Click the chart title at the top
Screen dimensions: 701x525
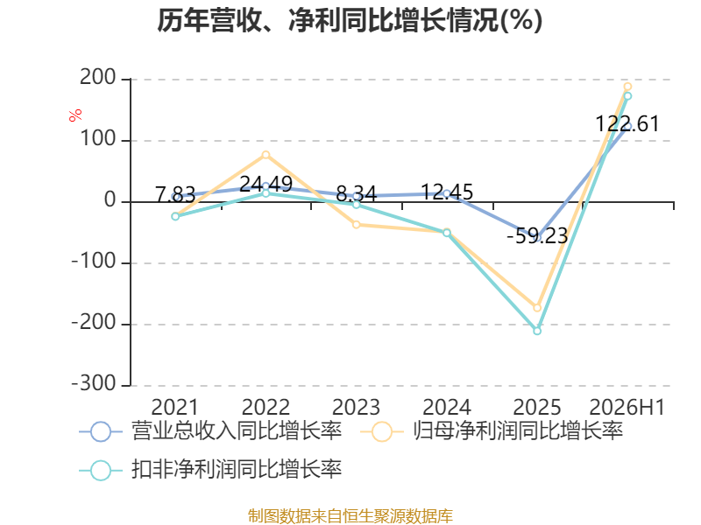[350, 20]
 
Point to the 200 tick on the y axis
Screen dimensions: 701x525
[98, 78]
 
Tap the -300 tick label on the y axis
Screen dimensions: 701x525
[95, 384]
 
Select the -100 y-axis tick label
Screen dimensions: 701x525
[95, 262]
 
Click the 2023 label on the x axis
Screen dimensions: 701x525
[356, 407]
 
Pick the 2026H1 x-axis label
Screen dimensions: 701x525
[627, 407]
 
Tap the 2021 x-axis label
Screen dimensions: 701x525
[174, 407]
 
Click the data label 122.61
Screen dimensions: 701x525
[627, 124]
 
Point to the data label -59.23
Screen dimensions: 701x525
[537, 235]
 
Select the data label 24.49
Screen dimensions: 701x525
[266, 184]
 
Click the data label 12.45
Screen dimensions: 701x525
[447, 192]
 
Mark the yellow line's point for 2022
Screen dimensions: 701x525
[266, 155]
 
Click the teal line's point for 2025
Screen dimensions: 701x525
[537, 331]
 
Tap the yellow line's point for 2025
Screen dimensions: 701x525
[537, 308]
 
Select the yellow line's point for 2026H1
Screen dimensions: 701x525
[627, 87]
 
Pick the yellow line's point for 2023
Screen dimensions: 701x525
[357, 225]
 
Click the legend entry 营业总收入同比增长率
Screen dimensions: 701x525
[210, 431]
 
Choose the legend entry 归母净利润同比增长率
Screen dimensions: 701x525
[492, 431]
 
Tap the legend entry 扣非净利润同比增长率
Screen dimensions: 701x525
[210, 470]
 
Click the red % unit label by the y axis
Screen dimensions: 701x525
[75, 115]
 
